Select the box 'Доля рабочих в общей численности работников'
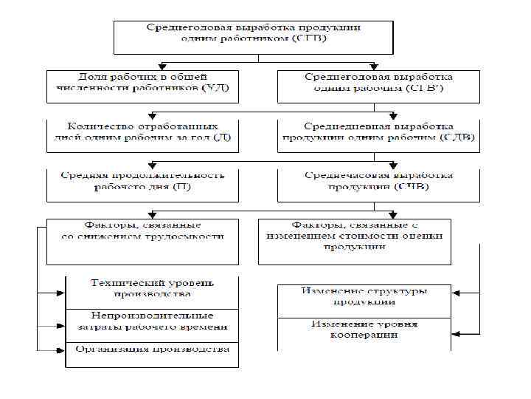click(142, 86)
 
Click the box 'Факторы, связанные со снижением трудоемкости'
click(142, 241)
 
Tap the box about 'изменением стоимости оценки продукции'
click(354, 241)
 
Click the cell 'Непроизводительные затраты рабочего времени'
click(152, 321)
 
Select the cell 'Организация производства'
click(152, 349)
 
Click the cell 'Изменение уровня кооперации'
click(364, 330)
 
